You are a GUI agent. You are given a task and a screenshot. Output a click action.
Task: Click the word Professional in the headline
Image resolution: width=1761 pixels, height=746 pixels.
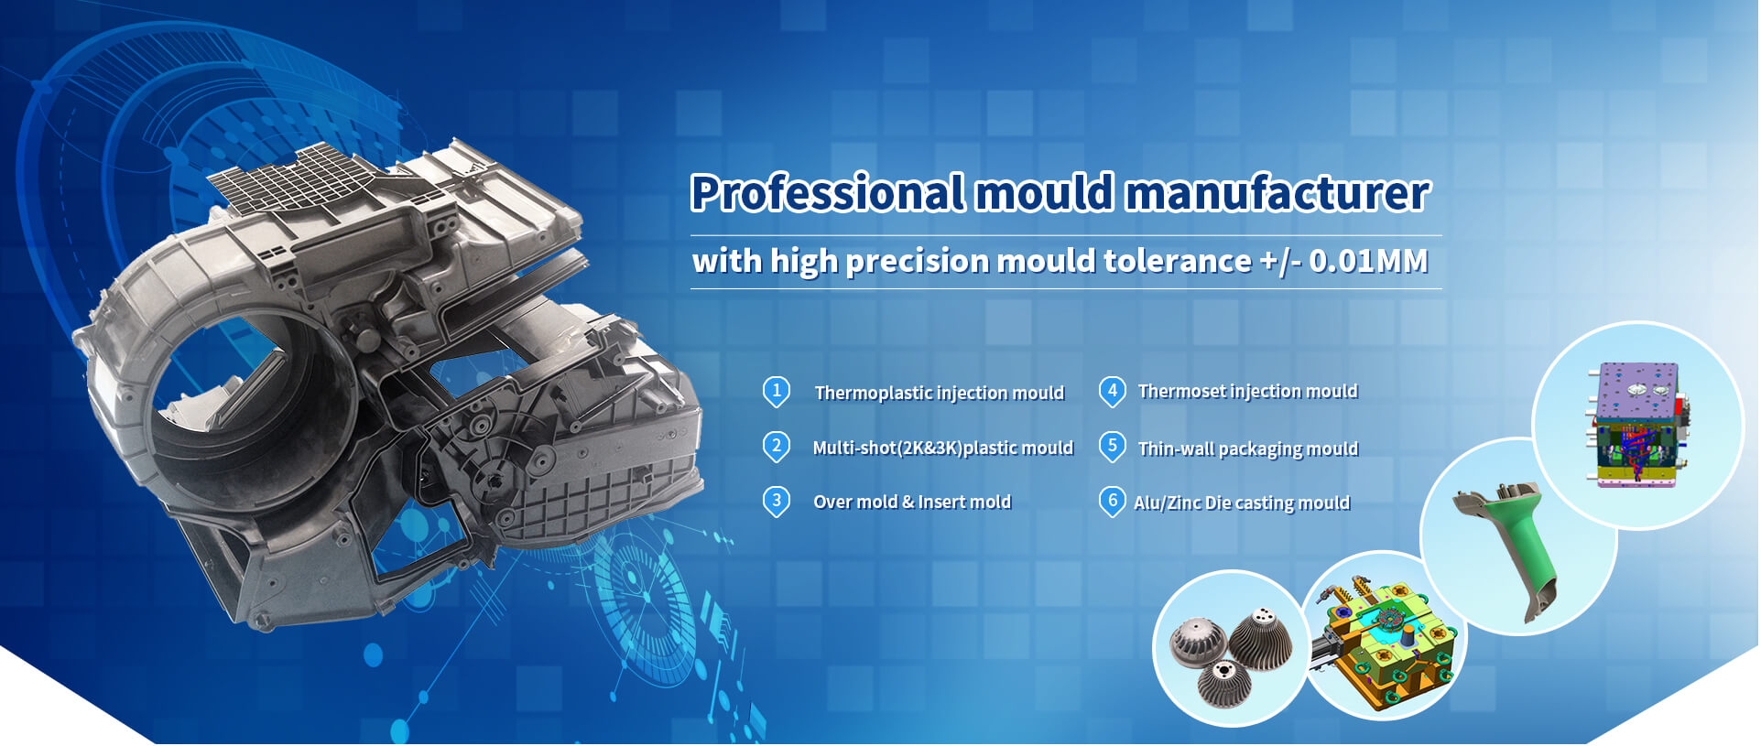point(827,193)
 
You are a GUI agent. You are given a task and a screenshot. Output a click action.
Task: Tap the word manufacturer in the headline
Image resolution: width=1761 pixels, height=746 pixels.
point(1277,193)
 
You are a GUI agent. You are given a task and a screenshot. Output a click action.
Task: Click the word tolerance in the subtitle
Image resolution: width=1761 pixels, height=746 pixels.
point(1177,261)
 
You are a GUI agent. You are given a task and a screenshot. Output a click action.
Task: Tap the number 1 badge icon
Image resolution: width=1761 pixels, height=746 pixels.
point(777,392)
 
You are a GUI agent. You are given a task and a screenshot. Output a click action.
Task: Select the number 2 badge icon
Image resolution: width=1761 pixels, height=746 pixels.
point(777,447)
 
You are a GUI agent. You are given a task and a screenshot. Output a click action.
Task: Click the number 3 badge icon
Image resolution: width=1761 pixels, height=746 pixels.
point(777,501)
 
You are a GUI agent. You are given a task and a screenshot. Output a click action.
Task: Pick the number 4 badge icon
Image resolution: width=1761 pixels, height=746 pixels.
point(1112,392)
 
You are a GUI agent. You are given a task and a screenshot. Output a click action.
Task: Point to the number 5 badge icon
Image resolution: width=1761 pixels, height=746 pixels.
point(1112,447)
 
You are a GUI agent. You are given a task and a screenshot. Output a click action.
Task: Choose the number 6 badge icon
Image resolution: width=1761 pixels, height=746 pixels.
point(1112,501)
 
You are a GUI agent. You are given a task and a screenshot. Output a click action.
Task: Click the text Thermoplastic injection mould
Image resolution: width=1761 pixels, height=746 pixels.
point(939,393)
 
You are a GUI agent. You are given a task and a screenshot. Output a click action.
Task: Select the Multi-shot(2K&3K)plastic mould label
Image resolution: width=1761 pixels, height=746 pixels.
point(942,448)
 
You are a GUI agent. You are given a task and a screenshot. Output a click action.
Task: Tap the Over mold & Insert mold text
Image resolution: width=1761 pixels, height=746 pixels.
point(912,502)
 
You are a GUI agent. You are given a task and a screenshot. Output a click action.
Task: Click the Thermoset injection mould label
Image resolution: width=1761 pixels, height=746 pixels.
point(1247,392)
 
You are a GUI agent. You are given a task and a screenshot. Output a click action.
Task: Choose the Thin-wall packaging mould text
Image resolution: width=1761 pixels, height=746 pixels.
point(1247,449)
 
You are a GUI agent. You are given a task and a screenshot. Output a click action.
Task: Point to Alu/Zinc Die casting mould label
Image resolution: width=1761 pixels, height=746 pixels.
point(1242,503)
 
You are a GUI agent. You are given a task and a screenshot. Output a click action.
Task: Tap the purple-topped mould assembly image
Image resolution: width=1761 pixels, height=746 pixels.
point(1637,424)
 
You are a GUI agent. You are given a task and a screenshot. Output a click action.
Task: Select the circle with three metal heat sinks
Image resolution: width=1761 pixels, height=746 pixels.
point(1229,649)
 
